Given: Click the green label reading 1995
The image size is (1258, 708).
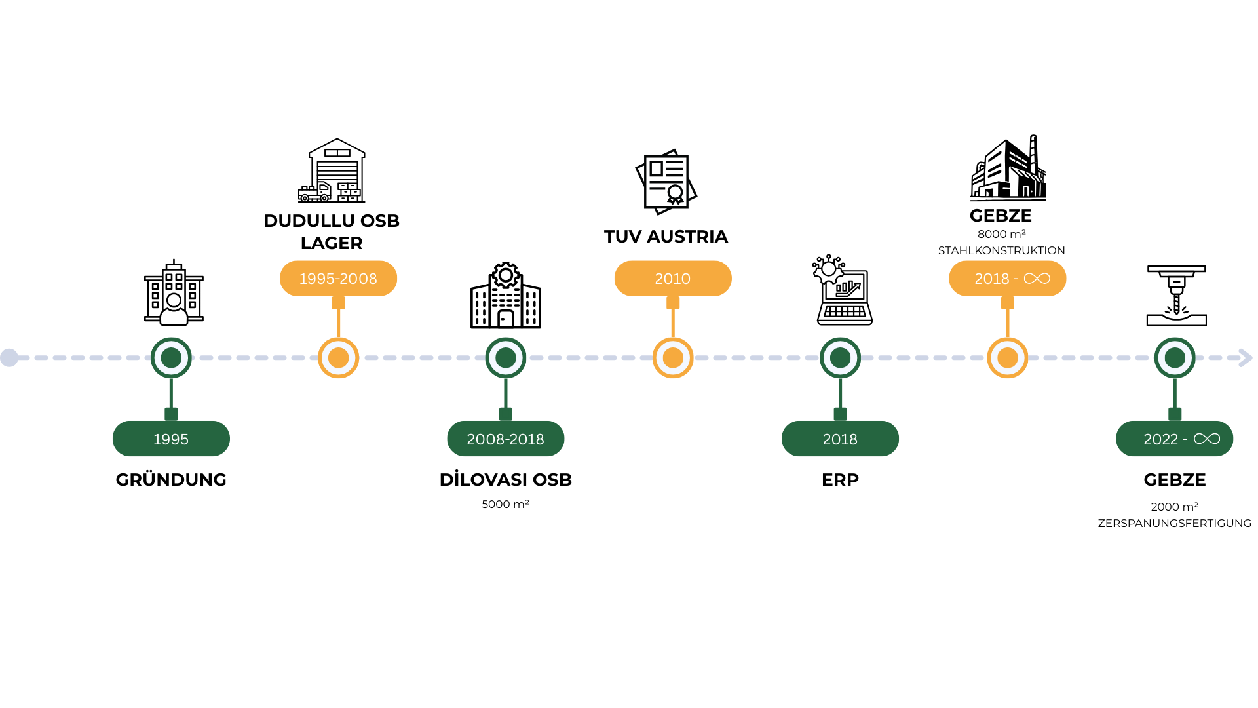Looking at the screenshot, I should (x=171, y=439).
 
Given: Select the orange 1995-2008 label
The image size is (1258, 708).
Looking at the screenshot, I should (x=338, y=279).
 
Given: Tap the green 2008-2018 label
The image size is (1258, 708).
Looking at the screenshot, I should (x=505, y=439).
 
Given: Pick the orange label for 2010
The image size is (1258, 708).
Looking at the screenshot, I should (x=672, y=279).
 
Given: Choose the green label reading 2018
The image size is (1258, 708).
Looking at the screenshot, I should (x=840, y=439).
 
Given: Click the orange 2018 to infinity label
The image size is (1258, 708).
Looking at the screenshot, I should (x=1007, y=279).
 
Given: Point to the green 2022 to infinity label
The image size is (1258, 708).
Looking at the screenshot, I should (x=1174, y=439).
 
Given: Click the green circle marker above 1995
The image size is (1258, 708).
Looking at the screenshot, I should (x=171, y=358).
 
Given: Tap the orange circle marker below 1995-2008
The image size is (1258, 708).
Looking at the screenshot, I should (x=338, y=358).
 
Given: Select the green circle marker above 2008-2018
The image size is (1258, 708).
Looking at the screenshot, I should (x=505, y=358).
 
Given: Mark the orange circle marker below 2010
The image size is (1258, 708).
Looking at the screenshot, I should (x=672, y=358).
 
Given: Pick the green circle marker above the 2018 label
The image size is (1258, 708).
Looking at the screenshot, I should (x=840, y=358).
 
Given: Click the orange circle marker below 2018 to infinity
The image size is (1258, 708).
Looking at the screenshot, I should (x=1007, y=358).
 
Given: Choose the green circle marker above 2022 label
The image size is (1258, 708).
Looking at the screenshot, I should (x=1174, y=358).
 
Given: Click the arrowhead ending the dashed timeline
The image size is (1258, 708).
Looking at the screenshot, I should (x=1246, y=358).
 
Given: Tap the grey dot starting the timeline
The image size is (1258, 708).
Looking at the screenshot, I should (x=9, y=358).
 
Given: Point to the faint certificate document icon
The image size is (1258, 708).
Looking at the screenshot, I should (x=666, y=182).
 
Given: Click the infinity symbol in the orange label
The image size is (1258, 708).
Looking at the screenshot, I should (x=1037, y=279).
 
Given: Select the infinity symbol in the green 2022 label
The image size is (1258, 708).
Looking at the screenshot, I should (x=1206, y=439).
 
